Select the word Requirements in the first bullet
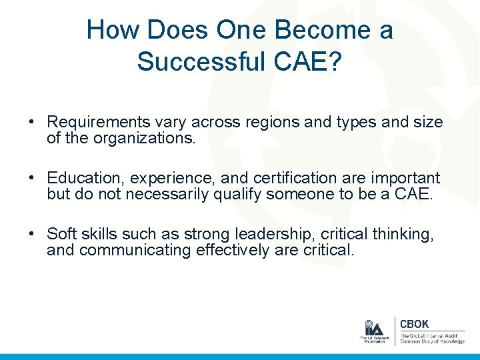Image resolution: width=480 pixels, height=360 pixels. coord(95,123)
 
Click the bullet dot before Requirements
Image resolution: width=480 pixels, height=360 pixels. coord(32,123)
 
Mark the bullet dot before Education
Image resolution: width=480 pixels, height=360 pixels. coord(32,179)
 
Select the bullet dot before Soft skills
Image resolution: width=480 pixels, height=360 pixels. coord(32,235)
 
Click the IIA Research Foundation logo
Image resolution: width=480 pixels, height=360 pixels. coord(373,331)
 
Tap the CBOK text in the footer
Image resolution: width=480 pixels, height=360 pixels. coord(414,324)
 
